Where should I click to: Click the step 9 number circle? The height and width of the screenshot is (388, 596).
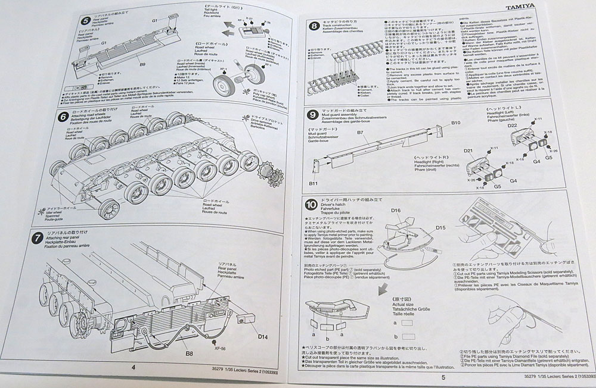pyautogui.click(x=312, y=115)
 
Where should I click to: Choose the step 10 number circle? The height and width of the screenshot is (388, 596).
pyautogui.click(x=311, y=206)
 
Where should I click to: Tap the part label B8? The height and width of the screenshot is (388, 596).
pyautogui.click(x=189, y=353)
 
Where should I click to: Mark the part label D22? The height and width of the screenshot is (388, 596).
pyautogui.click(x=512, y=126)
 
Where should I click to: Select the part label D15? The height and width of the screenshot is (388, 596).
pyautogui.click(x=440, y=227)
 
